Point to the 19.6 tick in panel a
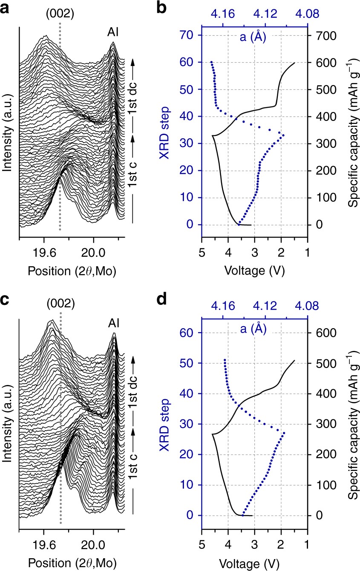(x=44, y=252)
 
